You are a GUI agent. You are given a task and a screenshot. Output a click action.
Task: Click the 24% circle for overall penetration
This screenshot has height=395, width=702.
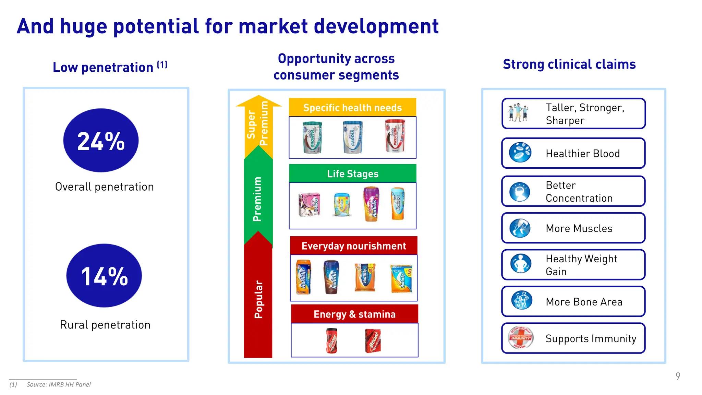[x=101, y=141]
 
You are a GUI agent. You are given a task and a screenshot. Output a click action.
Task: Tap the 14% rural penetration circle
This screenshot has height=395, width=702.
[x=104, y=276]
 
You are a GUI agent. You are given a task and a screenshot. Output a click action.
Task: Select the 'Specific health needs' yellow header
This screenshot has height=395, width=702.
[x=352, y=108]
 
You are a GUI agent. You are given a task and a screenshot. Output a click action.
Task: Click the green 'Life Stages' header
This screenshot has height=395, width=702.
[x=352, y=174]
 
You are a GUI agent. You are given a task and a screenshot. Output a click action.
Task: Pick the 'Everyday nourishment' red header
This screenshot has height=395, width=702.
[x=353, y=246]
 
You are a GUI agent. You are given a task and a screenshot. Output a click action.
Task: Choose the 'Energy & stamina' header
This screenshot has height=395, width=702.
[x=354, y=314]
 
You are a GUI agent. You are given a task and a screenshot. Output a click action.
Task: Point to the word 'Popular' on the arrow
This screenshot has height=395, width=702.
[x=258, y=299]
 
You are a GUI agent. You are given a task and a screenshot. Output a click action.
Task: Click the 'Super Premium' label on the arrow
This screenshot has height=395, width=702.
[x=258, y=123]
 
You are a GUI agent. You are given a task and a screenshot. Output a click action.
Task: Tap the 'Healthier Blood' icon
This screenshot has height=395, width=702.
[x=520, y=153]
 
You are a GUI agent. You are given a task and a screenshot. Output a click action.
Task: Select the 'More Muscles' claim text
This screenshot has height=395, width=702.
[x=579, y=228]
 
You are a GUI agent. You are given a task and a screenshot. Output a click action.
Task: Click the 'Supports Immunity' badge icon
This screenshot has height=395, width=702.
[x=521, y=338]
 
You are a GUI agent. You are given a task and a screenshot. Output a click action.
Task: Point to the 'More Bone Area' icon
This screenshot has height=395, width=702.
[x=521, y=301]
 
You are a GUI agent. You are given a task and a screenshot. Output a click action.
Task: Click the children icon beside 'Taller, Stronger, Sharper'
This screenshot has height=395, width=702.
[x=518, y=113]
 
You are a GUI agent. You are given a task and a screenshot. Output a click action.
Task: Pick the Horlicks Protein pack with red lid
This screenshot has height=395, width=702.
[x=395, y=136]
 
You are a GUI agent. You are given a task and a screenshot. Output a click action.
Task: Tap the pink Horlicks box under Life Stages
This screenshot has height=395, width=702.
[x=309, y=205]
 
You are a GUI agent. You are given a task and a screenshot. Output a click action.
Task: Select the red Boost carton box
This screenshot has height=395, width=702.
[x=373, y=340]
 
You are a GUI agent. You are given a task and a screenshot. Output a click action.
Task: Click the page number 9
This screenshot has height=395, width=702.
[x=678, y=376]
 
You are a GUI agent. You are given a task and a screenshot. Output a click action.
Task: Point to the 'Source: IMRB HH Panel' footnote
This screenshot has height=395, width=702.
[x=59, y=385]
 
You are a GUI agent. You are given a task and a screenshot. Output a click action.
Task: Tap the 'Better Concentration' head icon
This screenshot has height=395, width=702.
[x=520, y=192]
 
